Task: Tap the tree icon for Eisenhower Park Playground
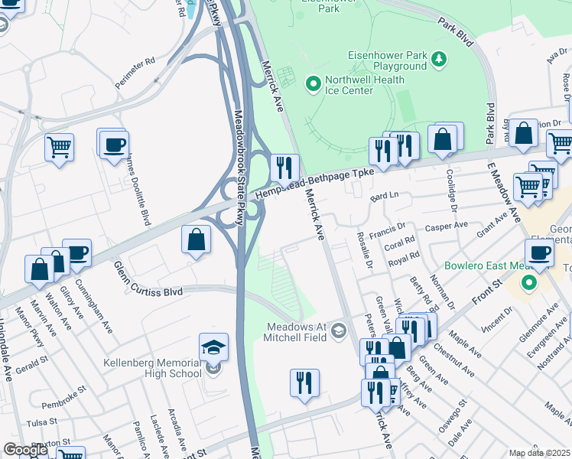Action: tap(439, 58)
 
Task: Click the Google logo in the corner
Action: tap(25, 451)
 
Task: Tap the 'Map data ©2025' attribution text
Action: tap(539, 453)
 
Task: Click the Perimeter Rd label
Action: tap(140, 59)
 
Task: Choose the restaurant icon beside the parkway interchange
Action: tap(284, 167)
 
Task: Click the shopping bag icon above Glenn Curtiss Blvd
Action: tap(197, 239)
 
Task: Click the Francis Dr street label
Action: tap(386, 229)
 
